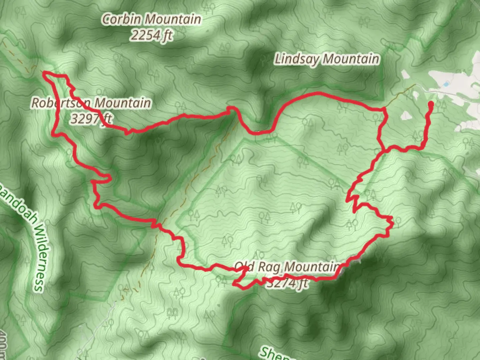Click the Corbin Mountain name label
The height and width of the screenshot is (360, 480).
click(152, 19)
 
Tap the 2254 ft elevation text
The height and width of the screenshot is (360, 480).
click(152, 35)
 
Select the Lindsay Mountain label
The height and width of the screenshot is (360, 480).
click(327, 59)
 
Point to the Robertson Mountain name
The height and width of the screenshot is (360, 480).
click(91, 103)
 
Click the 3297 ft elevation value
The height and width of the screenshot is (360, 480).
click(91, 118)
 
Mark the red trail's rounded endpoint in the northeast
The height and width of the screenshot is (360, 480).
click(430, 104)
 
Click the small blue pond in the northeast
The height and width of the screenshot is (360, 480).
click(446, 85)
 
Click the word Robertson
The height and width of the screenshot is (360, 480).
click(60, 103)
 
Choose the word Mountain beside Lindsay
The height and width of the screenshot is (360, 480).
click(351, 59)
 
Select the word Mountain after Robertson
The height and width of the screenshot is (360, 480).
click(122, 103)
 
